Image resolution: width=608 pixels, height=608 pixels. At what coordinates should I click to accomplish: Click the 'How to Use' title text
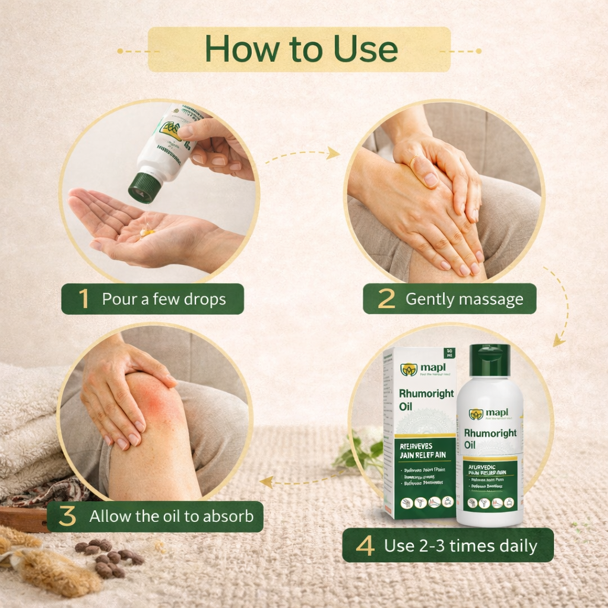coord(301,50)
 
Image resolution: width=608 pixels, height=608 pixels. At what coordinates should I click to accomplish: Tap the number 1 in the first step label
coord(84,299)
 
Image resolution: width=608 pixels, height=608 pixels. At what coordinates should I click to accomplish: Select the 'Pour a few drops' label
coord(164,299)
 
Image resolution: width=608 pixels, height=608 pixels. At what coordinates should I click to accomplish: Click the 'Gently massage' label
coord(464,299)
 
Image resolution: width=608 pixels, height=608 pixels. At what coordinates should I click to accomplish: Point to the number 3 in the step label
coord(68,517)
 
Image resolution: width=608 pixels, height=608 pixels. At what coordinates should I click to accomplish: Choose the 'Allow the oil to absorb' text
coord(171,517)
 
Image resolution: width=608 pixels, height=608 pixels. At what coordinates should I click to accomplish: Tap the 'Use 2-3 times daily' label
coord(460,546)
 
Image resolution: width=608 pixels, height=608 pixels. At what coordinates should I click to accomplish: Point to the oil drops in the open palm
coord(146,232)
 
